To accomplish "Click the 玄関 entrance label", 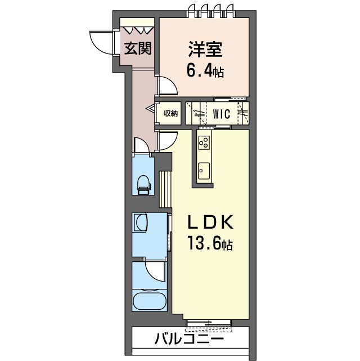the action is pos(138,48).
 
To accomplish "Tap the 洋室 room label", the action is pos(205,49).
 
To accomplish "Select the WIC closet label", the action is pos(222,114).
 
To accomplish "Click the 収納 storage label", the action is pos(171,113).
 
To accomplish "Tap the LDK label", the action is pos(210,222).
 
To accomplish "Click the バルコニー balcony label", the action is pos(189,338).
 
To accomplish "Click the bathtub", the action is pos(150,301).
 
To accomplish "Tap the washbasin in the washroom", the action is pos(141,222).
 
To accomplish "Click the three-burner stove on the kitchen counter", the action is pos(204,142).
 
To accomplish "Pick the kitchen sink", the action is pos(204,171).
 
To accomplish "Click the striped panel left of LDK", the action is pos(165,189).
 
